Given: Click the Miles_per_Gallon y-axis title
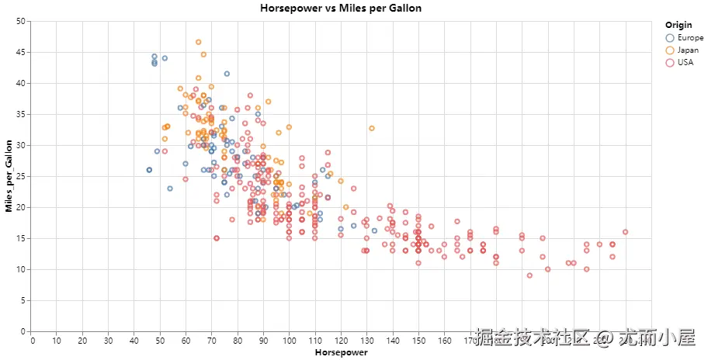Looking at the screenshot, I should (9, 176).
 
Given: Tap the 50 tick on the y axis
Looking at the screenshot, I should (20, 21).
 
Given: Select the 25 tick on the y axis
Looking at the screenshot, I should (20, 176).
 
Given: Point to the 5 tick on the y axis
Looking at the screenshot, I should (23, 300).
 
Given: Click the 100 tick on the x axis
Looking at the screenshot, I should (290, 339).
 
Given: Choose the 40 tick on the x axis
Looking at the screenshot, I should (135, 339).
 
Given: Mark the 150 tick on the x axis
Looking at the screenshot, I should (418, 339).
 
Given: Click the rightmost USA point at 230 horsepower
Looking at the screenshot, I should (625, 232).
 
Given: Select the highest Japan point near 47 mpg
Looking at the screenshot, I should (199, 42).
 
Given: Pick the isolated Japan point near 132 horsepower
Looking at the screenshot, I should (372, 128).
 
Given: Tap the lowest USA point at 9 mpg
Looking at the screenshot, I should (529, 275).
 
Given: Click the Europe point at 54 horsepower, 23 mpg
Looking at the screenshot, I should (170, 189).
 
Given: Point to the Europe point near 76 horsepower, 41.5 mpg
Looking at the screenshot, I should (227, 74).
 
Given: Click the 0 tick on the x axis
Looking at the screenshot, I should (32, 339).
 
